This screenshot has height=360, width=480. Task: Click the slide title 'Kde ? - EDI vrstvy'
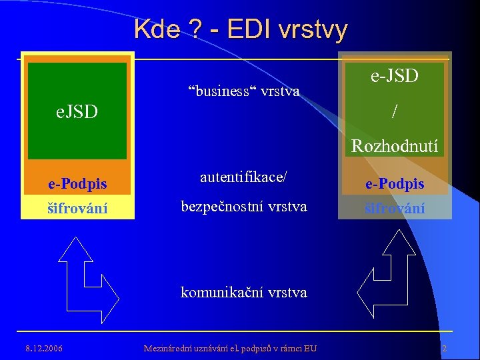click(x=240, y=29)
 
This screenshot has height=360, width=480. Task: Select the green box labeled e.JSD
click(x=77, y=111)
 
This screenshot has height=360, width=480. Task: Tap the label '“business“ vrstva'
click(x=243, y=90)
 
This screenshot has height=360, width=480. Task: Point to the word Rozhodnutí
click(x=395, y=145)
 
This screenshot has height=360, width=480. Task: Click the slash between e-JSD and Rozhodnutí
click(x=395, y=111)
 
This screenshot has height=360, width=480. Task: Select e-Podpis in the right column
click(x=395, y=183)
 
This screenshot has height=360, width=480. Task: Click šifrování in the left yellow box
click(x=77, y=207)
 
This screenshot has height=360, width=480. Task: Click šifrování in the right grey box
click(x=395, y=207)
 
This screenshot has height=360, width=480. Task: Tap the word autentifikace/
click(x=244, y=177)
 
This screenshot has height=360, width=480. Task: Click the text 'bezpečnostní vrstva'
click(x=244, y=207)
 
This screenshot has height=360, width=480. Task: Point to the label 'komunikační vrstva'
click(x=244, y=292)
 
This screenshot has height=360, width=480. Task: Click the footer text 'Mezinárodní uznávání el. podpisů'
click(x=231, y=348)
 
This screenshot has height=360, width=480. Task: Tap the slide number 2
click(x=444, y=348)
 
